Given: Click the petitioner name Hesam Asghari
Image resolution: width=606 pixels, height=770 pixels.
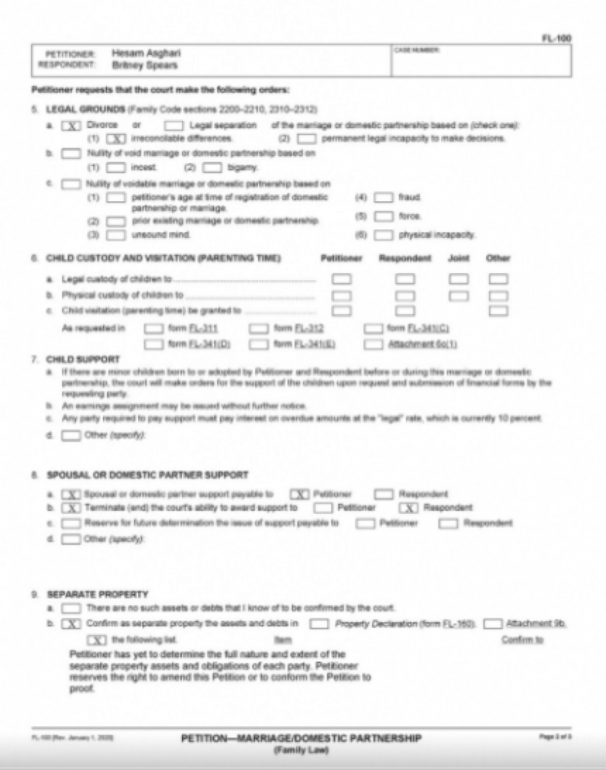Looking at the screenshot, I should pos(146,53).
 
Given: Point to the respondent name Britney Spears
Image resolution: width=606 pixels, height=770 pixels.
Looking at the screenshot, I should pos(144,65).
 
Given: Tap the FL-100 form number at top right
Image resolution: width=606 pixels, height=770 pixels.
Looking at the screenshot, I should pos(560,38).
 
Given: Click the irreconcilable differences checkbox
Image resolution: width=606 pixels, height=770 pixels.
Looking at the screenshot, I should pos(116,139).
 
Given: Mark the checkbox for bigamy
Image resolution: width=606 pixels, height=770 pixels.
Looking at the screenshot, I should pos(213,166).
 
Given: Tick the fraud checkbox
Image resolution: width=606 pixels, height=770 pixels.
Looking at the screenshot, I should pos(384,198).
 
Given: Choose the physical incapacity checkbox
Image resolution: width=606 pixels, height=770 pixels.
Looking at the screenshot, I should pos(384,235).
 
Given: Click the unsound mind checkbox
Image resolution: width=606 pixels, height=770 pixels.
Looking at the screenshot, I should pos(116,235).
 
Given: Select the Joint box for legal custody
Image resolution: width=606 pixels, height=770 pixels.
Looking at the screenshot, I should pos(459,278).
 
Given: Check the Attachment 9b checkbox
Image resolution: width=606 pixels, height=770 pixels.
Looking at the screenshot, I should pos(493,623).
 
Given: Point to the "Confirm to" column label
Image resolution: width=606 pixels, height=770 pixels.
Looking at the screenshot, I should pos(522,640).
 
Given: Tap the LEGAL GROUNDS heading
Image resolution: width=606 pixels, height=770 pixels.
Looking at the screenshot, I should pos(86,109).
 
